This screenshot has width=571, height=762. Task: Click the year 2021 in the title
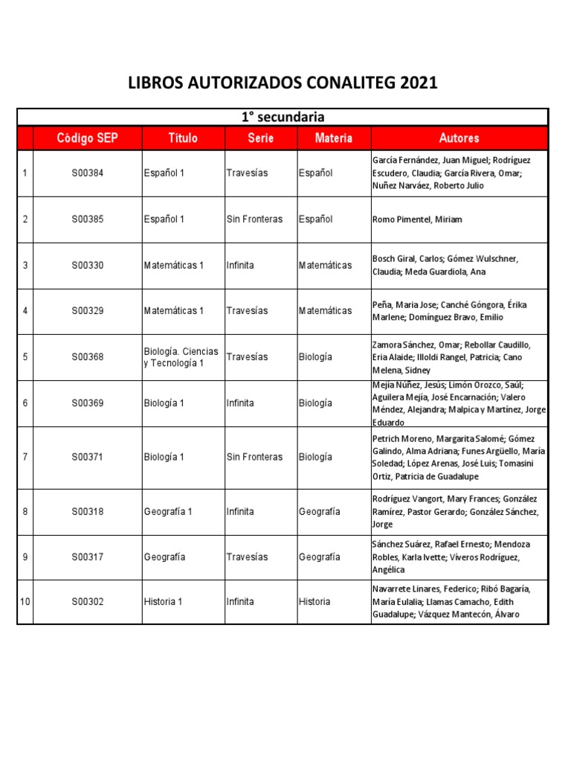419,83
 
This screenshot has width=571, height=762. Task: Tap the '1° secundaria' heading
283,117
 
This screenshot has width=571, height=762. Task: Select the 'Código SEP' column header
88,138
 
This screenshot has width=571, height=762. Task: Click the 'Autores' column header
459,138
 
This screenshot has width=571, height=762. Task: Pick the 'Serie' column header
260,138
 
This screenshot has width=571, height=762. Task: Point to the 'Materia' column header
333,138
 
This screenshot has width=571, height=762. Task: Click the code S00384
88,173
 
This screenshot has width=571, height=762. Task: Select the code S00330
88,265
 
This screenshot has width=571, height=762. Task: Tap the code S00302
88,601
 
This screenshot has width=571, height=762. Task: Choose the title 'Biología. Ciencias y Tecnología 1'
181,357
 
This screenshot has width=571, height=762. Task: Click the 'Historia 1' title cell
163,601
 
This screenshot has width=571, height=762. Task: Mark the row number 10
25,601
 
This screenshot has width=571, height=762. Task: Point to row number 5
25,357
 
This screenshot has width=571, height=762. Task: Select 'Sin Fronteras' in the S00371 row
254,457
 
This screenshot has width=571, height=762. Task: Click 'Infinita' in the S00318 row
240,512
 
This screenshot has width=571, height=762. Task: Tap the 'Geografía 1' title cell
167,512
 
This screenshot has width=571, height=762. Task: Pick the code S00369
88,403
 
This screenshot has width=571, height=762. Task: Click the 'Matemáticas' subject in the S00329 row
325,311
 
